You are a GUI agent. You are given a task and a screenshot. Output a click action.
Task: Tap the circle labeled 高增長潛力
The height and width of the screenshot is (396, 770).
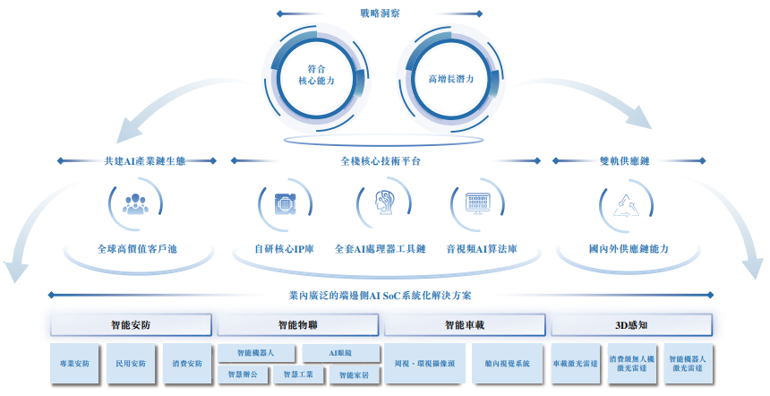[x=450, y=77]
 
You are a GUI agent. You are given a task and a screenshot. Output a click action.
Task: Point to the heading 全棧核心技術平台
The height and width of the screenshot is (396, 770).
[x=381, y=161]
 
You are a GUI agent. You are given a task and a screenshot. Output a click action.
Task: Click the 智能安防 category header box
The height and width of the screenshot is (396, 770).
[x=131, y=324]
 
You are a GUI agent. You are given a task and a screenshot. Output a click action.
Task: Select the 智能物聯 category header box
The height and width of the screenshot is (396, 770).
[x=299, y=324]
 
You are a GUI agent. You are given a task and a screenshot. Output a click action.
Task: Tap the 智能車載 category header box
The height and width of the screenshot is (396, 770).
[x=465, y=324]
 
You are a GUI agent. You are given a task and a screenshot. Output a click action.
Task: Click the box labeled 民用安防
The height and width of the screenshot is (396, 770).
[x=131, y=364]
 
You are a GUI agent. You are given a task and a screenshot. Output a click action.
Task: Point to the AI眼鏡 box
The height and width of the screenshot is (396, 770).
[x=340, y=353]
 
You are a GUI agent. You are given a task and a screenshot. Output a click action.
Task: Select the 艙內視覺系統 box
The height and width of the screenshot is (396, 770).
[x=507, y=364]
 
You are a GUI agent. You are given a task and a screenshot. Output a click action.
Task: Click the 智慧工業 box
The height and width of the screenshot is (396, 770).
[x=298, y=374]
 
